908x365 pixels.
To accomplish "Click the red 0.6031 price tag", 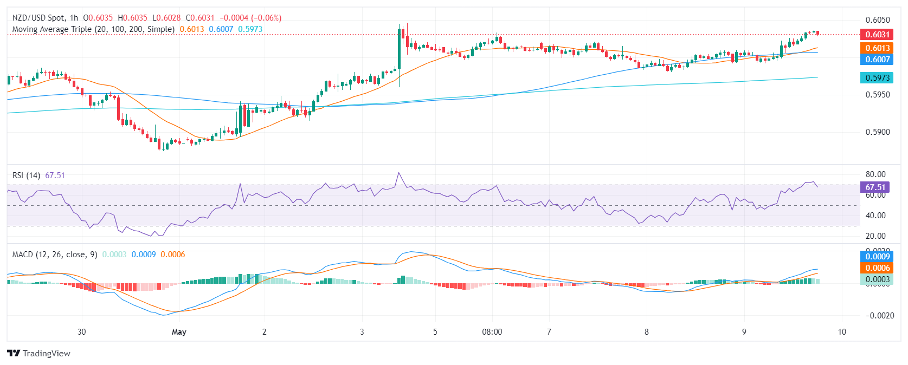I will (877, 35).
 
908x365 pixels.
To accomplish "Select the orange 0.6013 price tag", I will (877, 48).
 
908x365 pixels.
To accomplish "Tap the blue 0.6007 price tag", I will (877, 60).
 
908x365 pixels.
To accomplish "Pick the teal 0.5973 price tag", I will (877, 78).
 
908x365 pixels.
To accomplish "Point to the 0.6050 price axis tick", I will (878, 20).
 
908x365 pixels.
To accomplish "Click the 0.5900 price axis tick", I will (878, 132).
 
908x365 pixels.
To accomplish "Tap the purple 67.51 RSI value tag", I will (874, 187).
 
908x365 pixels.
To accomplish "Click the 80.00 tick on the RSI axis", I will (875, 174).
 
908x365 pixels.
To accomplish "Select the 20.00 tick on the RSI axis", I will (875, 236).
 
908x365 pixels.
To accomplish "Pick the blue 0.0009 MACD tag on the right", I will (877, 257).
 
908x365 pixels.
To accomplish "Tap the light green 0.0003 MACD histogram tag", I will (877, 279).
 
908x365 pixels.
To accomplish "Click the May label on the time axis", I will (179, 332).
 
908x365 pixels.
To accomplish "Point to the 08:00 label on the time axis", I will (492, 332).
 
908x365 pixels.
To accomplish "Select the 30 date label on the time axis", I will (82, 332).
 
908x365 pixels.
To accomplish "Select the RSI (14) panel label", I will (26, 175).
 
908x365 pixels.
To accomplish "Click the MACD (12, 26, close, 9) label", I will (55, 255).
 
